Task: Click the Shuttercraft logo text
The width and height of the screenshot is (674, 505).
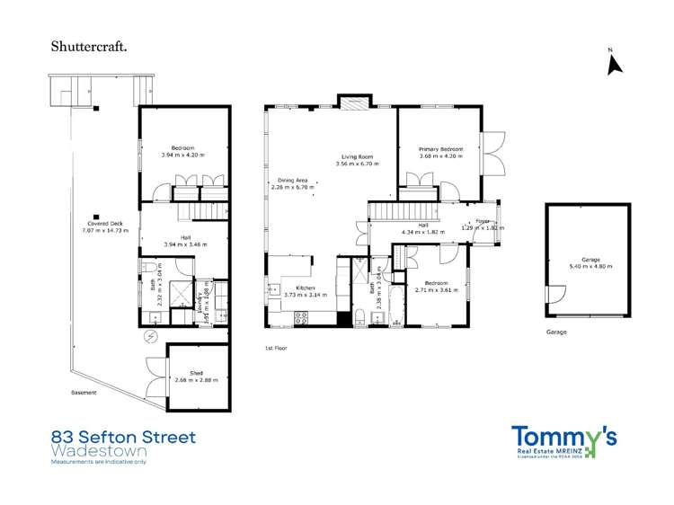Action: pyautogui.click(x=87, y=43)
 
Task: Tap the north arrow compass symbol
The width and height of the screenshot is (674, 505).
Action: pyautogui.click(x=615, y=64)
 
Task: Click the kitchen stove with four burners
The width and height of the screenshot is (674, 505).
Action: pyautogui.click(x=301, y=317)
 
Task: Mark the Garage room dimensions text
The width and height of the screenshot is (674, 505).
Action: pyautogui.click(x=590, y=266)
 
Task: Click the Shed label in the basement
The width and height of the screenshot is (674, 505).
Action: pyautogui.click(x=196, y=373)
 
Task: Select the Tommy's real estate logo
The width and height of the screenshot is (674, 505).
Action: pyautogui.click(x=563, y=439)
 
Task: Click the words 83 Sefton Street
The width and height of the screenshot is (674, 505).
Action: pyautogui.click(x=123, y=438)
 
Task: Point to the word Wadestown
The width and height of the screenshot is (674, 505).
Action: pyautogui.click(x=98, y=450)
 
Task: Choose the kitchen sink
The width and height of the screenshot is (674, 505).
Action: pyautogui.click(x=273, y=289)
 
